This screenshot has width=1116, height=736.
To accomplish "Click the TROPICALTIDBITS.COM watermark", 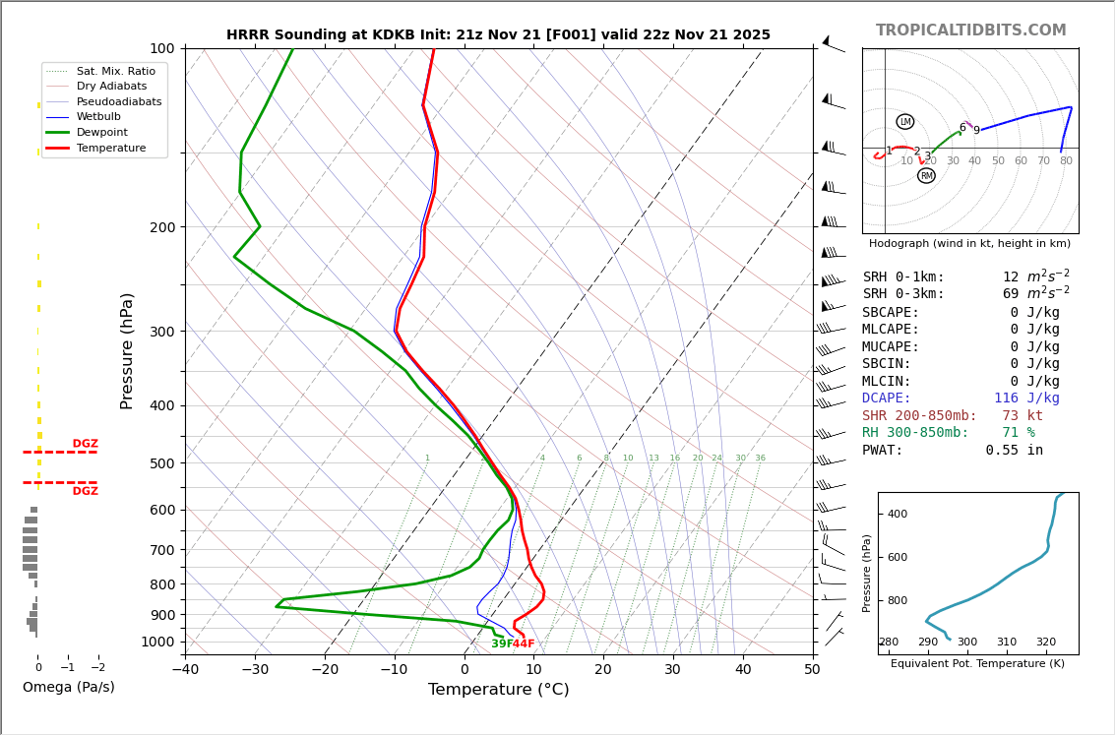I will coord(970,31).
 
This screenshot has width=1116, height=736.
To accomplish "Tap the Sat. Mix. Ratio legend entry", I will coord(116,71).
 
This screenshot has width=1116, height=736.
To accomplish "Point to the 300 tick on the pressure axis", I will coord(161,332).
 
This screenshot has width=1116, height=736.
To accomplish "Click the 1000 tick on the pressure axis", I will coord(157,642).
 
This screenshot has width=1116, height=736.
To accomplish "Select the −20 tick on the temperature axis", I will coord(325,670).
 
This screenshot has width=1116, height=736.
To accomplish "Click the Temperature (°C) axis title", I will coord(498,690).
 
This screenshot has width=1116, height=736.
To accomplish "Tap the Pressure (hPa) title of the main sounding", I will coord(127,350).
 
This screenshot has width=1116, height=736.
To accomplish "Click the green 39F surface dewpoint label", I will coord(501,644).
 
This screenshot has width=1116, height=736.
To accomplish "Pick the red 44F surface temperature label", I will coord(524,644).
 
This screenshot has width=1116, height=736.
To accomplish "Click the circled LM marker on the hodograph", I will coord(904,122).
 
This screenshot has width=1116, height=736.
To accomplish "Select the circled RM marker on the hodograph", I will coord(926,176).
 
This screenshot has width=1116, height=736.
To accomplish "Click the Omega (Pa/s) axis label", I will coord(69,687).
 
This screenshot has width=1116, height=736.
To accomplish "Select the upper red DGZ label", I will coord(85,444).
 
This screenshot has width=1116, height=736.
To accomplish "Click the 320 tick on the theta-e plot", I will coord(1045,643).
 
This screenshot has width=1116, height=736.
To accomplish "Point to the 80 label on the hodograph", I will coord(1066,161).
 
